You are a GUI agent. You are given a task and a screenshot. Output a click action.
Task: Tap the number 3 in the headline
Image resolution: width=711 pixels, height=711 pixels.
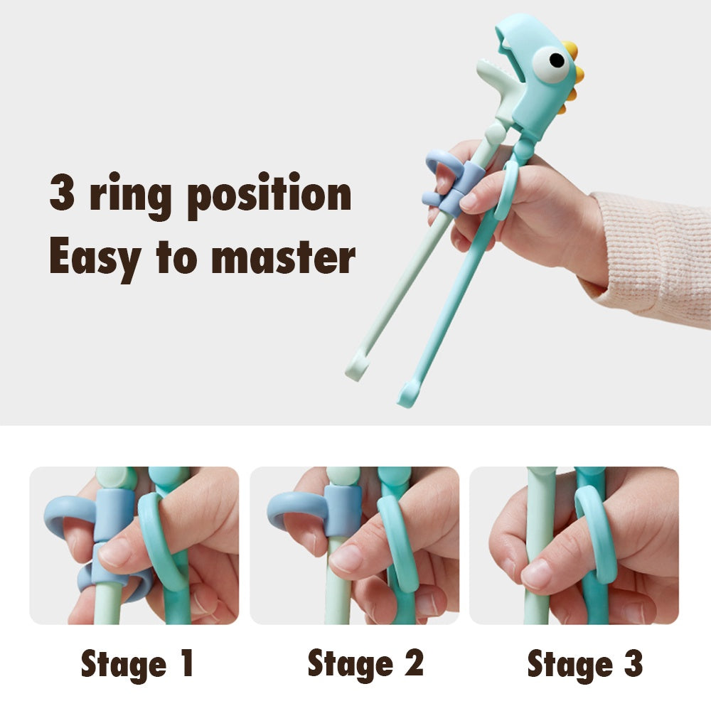coord(62,193)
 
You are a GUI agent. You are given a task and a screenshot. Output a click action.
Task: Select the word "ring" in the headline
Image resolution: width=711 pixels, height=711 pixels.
coord(132,196)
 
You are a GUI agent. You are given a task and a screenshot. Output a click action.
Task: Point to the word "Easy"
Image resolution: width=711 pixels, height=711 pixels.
coord(95,257)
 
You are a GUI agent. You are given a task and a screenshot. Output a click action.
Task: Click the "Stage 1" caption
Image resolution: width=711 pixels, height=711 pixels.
coord(137,663)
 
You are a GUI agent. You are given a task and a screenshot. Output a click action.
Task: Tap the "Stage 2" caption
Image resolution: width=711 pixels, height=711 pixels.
coord(365,663)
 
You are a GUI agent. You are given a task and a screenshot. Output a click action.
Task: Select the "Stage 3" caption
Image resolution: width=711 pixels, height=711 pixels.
coord(584,663)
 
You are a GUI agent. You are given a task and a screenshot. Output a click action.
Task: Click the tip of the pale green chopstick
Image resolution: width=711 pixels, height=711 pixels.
coord(353,371)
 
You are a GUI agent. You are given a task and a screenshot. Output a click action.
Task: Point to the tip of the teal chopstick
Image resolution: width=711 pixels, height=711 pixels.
coord(407,396)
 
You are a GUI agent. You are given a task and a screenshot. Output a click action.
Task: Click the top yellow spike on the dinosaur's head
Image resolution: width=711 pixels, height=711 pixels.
coord(570,50)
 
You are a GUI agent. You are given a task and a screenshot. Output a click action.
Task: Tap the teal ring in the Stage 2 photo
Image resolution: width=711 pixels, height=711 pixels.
coord(398,544)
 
